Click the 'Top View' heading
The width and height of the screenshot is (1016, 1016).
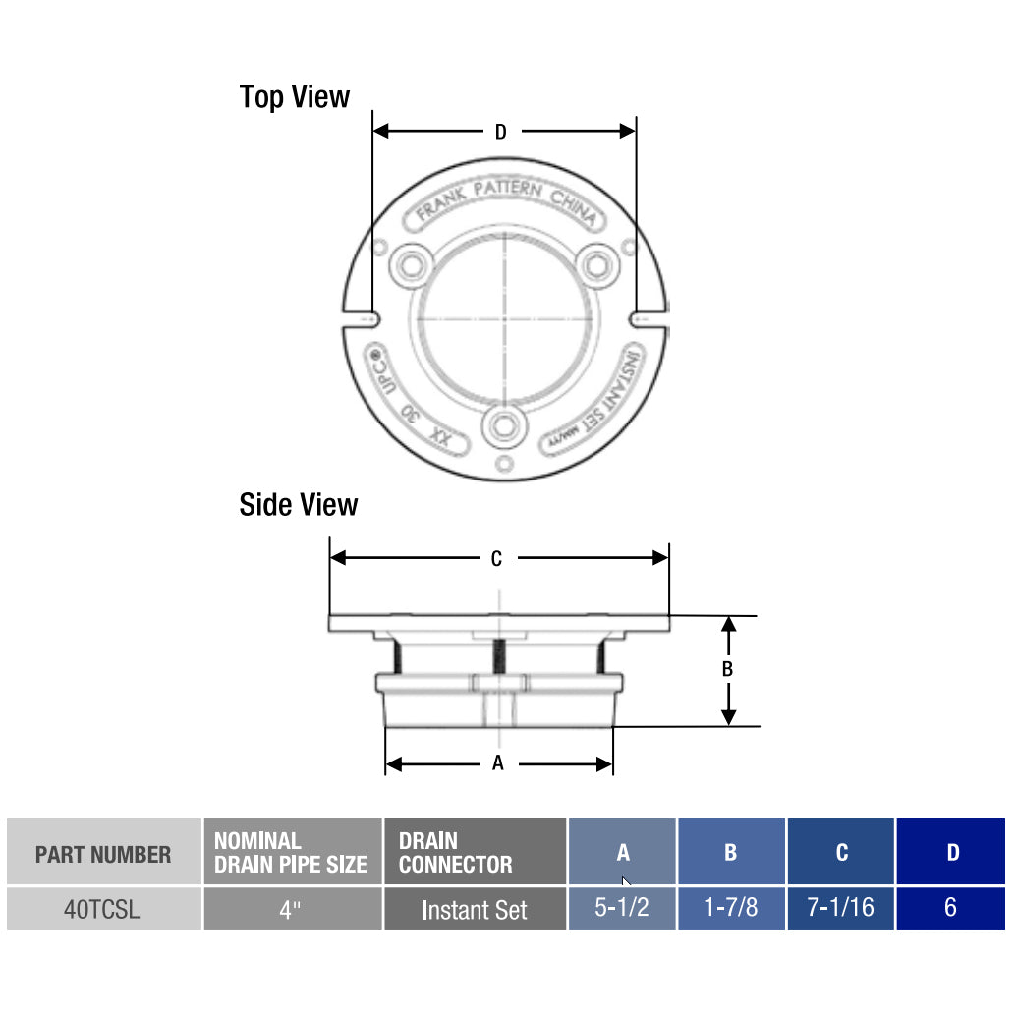coord(294,97)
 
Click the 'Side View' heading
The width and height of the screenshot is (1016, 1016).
coord(298,505)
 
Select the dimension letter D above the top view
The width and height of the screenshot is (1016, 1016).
coord(500,132)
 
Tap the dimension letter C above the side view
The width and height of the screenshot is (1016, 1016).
coord(496,559)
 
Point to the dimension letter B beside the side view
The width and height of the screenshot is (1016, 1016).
coord(727,670)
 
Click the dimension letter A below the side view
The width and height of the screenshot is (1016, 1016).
coord(497,763)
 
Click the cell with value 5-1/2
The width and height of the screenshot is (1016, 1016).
coord(622,908)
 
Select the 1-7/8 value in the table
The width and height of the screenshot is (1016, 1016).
coord(730,908)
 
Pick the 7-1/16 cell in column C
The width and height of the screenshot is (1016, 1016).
coord(840,908)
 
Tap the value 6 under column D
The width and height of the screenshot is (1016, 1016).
coord(950,908)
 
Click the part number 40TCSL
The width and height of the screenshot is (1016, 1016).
coord(102,910)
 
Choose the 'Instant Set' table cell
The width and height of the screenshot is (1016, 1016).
coord(475,910)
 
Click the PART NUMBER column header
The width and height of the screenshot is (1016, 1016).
coord(102,854)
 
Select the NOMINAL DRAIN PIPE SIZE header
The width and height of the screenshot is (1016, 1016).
coord(291,853)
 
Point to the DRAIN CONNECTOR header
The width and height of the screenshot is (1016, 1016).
coord(456,853)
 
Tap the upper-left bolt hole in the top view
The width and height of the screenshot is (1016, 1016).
coord(408,263)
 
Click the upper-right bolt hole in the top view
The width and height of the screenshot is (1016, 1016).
coord(595,263)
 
